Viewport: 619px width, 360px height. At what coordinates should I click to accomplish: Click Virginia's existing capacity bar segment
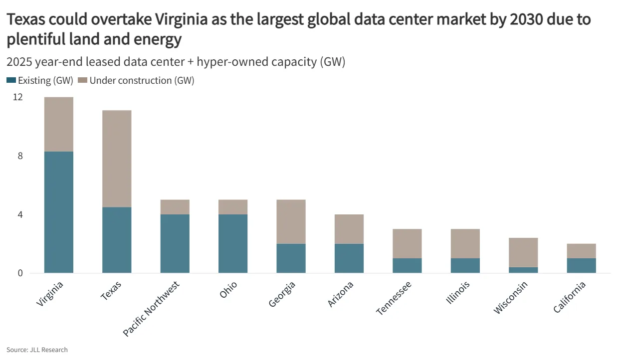click(59, 212)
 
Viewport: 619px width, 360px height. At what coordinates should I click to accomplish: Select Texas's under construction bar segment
click(117, 159)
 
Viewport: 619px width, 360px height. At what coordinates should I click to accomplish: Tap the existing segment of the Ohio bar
click(233, 243)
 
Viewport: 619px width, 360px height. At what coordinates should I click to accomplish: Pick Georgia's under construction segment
click(291, 221)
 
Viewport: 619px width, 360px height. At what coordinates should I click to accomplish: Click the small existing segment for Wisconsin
click(523, 270)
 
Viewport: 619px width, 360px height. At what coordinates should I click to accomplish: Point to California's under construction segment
click(581, 251)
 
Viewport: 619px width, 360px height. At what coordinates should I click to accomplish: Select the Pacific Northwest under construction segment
click(175, 207)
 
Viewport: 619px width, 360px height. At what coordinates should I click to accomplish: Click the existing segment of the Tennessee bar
click(407, 265)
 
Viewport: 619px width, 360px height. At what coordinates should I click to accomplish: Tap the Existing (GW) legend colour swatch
click(11, 80)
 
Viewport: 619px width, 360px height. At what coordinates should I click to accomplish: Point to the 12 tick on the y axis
click(18, 97)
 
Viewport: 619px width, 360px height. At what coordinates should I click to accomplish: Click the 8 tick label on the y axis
click(20, 156)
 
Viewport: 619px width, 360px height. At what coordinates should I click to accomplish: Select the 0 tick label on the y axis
click(20, 273)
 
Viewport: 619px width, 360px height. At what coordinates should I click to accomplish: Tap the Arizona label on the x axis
click(341, 294)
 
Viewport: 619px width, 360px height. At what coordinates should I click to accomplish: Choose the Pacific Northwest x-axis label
click(151, 308)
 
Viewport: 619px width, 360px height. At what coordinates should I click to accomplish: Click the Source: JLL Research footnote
click(37, 350)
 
